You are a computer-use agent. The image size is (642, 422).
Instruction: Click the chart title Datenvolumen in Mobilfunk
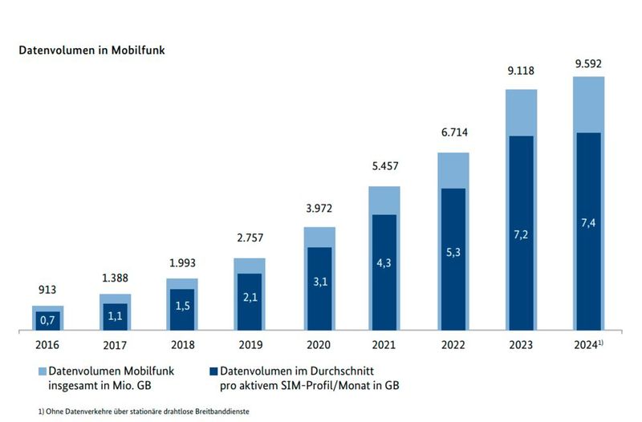coord(92,50)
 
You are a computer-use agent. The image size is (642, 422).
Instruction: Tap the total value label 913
coord(47,290)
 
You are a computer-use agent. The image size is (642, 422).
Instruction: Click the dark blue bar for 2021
coord(384,273)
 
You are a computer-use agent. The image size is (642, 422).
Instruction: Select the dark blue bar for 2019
coord(250,301)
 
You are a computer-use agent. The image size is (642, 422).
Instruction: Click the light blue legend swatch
coord(42,371)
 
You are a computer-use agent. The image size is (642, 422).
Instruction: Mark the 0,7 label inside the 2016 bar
coord(47,320)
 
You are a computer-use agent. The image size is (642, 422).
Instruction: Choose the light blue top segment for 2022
coord(453,170)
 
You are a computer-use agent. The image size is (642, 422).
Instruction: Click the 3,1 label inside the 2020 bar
coord(317,282)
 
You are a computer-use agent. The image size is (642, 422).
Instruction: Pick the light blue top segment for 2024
coord(588,104)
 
